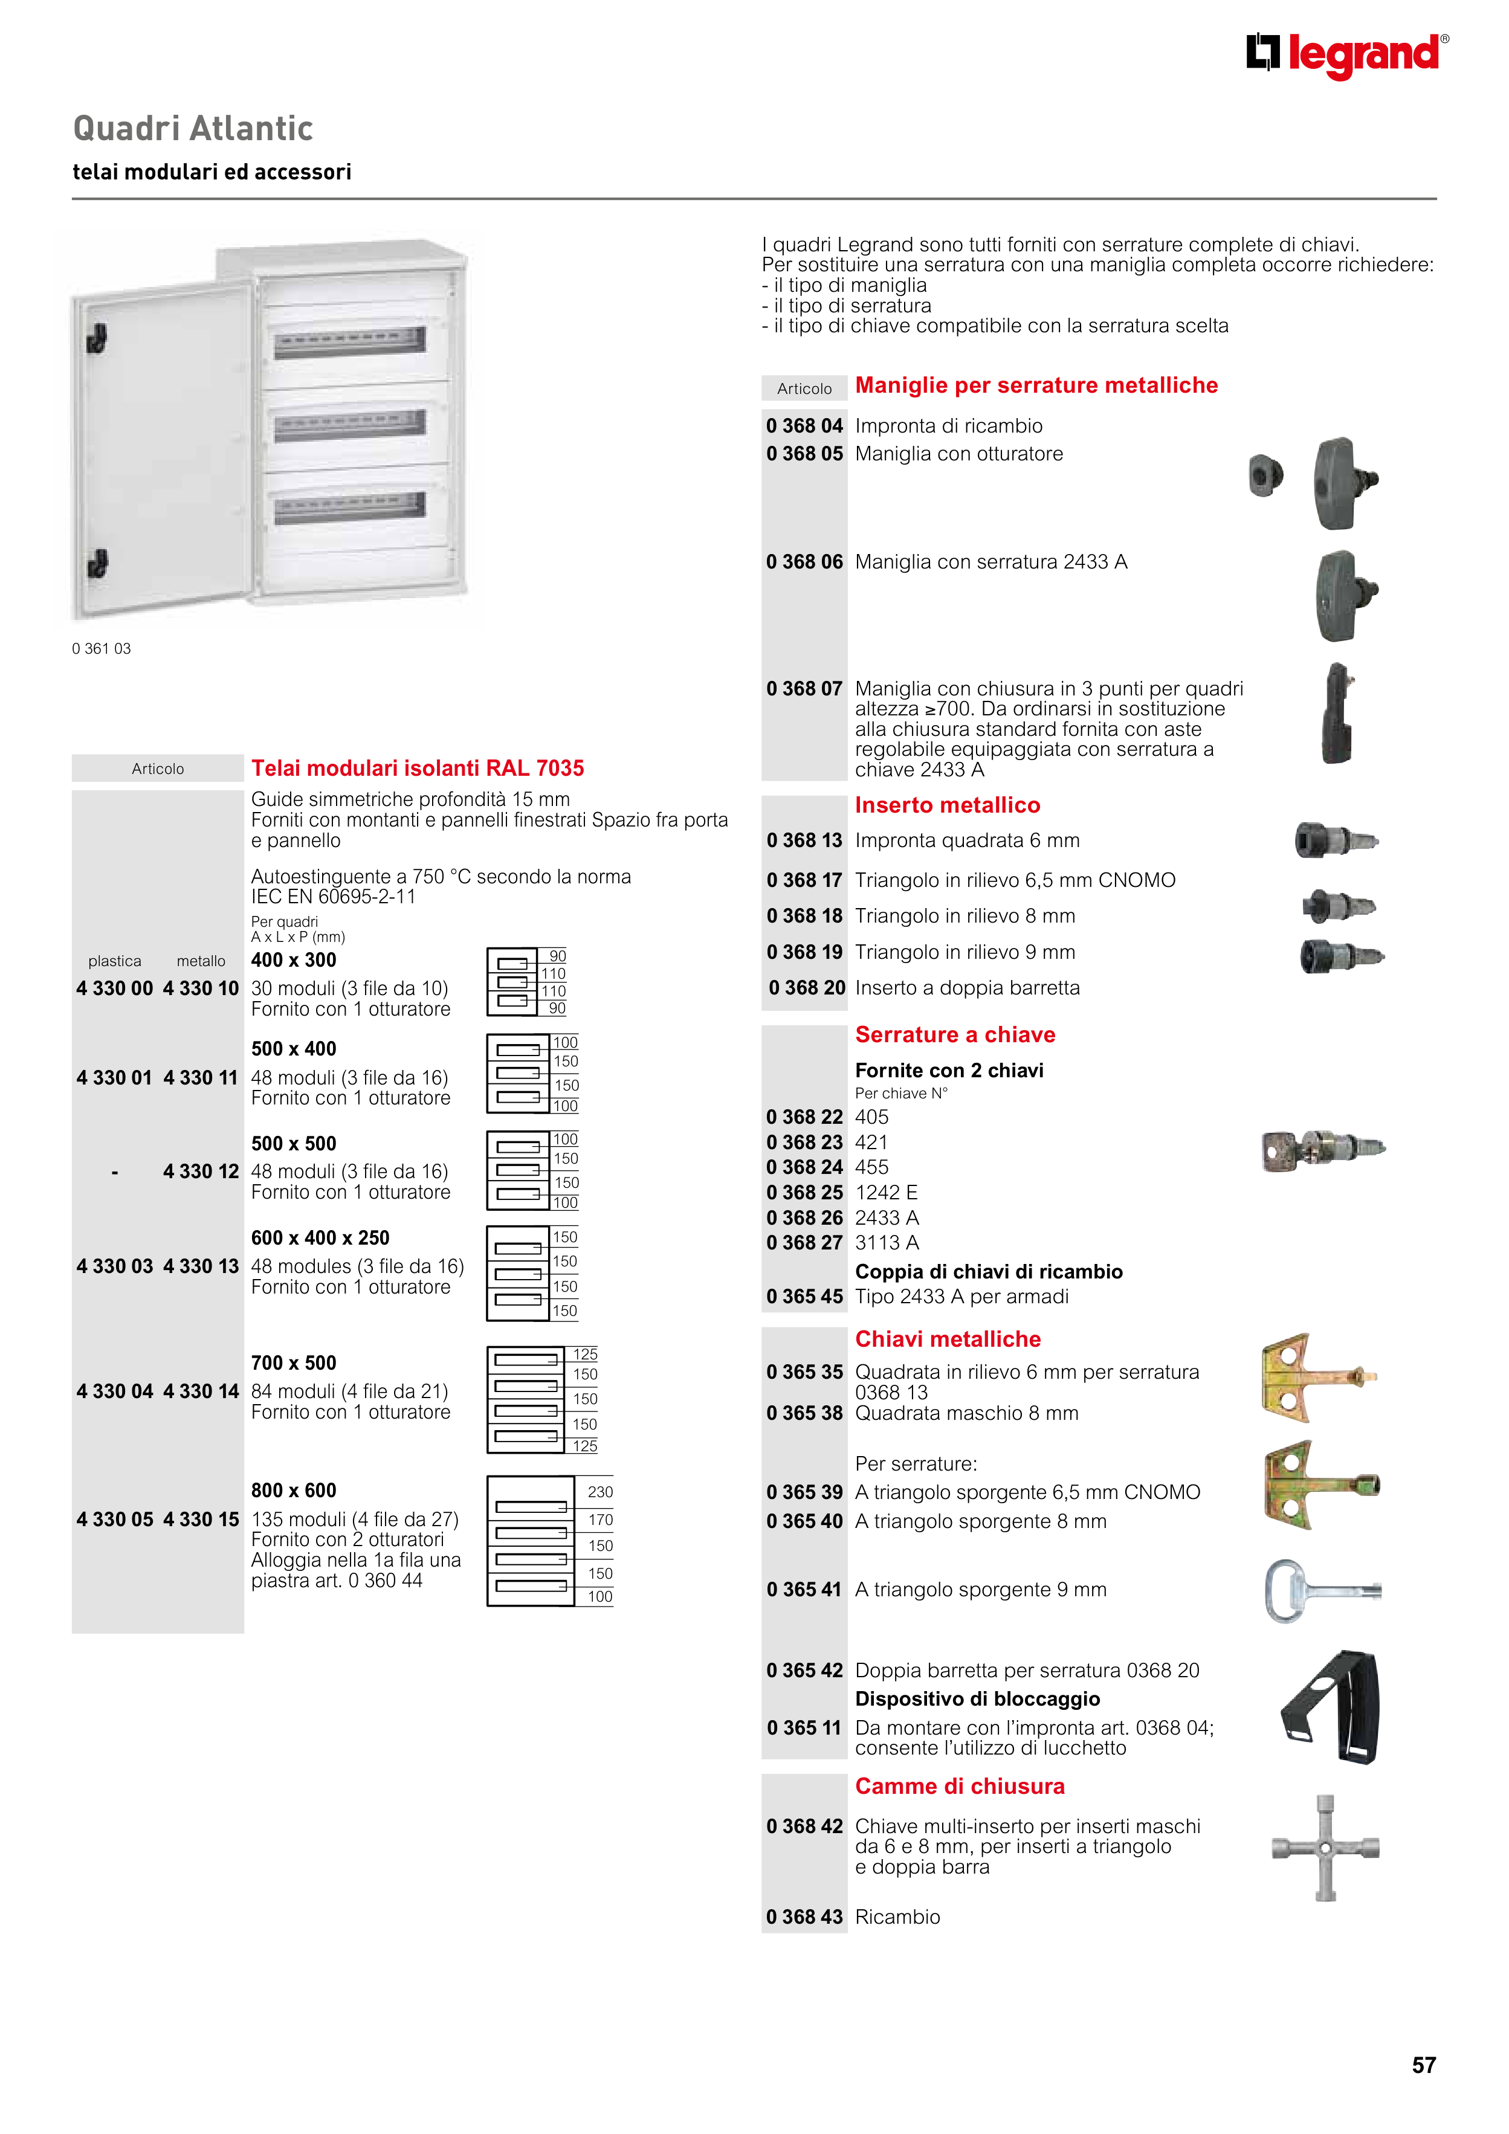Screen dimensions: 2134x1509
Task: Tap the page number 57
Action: (x=1423, y=2065)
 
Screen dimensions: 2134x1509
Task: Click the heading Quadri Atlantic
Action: (x=192, y=128)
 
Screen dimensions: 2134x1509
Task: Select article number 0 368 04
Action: (x=804, y=426)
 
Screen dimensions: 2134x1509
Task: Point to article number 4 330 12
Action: (x=201, y=1171)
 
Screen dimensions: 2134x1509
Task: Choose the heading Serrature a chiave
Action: (x=955, y=1034)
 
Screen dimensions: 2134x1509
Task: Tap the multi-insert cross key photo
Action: (x=1325, y=1848)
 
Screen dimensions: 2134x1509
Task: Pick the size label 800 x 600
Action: (x=294, y=1490)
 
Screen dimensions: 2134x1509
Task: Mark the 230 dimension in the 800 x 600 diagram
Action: (x=599, y=1492)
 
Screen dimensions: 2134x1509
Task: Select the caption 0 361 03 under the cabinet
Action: (x=102, y=649)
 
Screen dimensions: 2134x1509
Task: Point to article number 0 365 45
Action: (x=804, y=1297)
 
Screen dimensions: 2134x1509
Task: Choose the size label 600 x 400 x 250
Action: (x=320, y=1238)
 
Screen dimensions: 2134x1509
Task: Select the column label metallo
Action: (x=201, y=961)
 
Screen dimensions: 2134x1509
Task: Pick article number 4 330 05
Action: (x=114, y=1519)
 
